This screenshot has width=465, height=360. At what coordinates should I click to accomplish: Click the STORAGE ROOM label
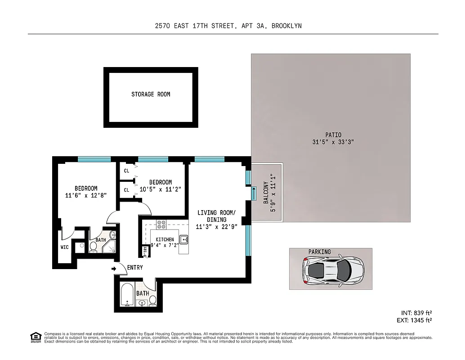151,94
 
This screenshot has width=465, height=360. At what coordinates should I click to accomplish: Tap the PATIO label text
333,135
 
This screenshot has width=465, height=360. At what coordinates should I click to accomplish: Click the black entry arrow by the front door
113,269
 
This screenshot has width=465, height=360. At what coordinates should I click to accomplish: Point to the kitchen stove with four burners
161,224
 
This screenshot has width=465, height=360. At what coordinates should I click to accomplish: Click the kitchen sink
183,239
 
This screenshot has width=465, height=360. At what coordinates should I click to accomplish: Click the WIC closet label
64,247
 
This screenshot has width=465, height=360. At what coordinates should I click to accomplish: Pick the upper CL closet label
126,171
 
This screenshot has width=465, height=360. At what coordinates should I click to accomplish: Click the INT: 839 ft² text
416,313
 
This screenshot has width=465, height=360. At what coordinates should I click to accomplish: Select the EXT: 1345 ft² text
415,320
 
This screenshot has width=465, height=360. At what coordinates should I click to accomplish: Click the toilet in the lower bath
152,300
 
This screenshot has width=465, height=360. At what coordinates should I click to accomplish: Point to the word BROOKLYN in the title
287,26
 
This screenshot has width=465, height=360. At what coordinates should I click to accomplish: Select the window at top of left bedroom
94,159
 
